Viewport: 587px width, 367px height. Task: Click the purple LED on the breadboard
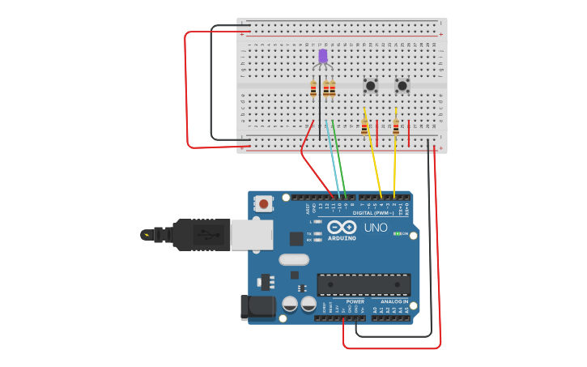(323, 56)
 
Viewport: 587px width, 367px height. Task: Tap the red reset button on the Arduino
(263, 203)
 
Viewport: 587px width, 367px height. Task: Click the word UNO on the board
(376, 228)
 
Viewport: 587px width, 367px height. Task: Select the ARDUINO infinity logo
(342, 228)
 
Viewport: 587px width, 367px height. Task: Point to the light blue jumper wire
(333, 158)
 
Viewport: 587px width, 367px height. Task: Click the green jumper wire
(341, 158)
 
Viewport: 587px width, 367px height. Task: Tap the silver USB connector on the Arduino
(251, 235)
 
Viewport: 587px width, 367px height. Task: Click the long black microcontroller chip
(364, 284)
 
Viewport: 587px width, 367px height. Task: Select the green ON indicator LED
(397, 233)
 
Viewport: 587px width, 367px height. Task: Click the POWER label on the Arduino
(355, 301)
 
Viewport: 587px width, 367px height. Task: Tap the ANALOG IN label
(394, 301)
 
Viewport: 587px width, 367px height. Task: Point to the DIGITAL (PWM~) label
(373, 213)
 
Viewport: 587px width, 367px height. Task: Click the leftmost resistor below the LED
(313, 89)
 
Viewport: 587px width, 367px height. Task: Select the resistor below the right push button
(396, 126)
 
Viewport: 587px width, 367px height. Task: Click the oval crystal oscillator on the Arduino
(294, 260)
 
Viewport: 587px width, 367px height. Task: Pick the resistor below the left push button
(364, 126)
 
